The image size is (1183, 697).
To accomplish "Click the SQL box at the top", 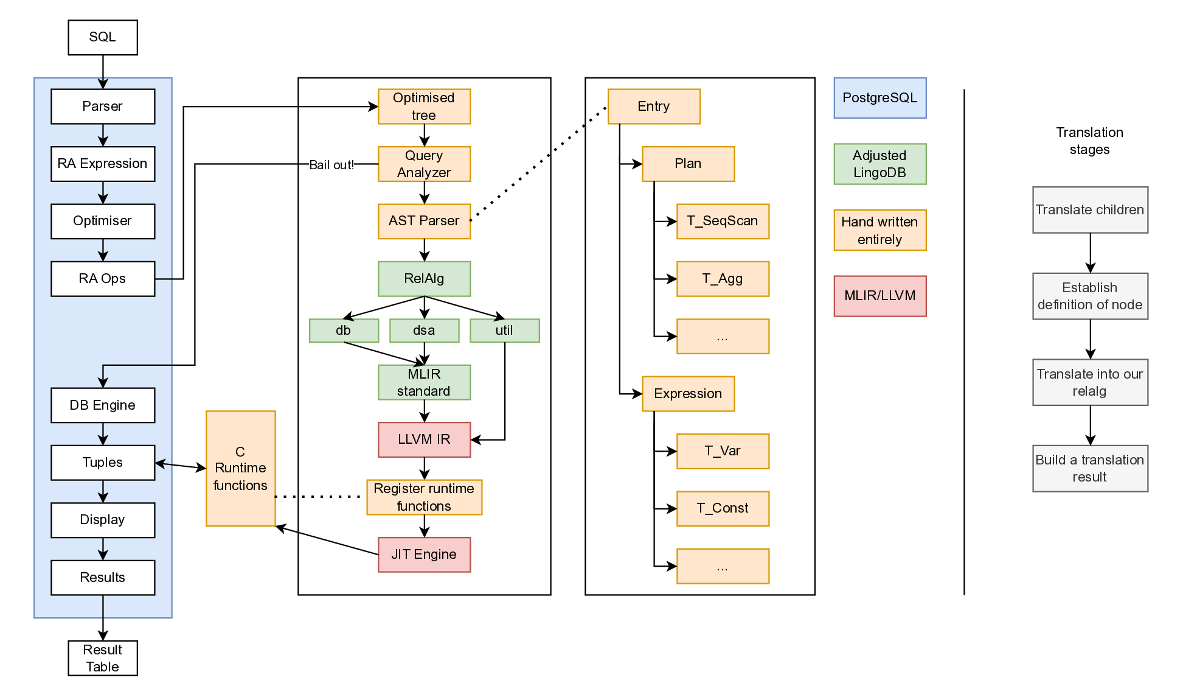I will [x=102, y=37].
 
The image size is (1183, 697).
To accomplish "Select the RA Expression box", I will [x=102, y=164].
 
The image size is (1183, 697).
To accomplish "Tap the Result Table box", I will [x=102, y=658].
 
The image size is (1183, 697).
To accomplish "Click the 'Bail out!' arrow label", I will [x=331, y=165].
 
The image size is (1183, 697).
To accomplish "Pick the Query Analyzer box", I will [x=424, y=164].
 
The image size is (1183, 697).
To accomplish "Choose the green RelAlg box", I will [x=424, y=279].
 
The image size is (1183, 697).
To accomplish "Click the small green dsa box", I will [x=424, y=331].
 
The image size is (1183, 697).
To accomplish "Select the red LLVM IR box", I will [x=424, y=440].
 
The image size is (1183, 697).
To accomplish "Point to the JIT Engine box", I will [x=424, y=555].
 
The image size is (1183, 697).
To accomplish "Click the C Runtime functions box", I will [x=240, y=468].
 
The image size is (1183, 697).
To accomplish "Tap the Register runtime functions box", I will [x=424, y=497].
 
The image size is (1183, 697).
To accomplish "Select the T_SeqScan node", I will [x=722, y=221].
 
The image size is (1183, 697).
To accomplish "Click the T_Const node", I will [x=722, y=508].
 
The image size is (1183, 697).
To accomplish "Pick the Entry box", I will [x=653, y=107].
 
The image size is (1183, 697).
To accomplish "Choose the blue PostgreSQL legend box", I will [x=879, y=98].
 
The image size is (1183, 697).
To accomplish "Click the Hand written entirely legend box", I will [x=879, y=230].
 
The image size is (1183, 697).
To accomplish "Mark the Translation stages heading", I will [x=1089, y=141].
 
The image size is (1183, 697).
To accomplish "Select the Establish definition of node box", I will [x=1089, y=296].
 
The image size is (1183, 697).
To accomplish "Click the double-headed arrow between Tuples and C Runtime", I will [x=181, y=466].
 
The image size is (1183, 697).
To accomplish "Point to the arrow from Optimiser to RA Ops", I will [x=103, y=250].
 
